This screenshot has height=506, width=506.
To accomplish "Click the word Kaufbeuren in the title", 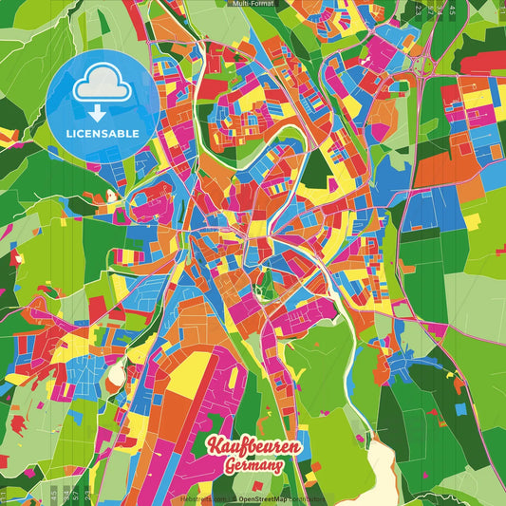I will (253, 445).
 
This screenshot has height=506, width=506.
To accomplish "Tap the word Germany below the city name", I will (254, 465).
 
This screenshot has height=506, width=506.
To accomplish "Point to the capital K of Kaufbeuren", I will (214, 445).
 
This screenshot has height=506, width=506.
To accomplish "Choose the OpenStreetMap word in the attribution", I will (265, 498).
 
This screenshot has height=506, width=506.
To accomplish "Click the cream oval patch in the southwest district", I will (116, 374).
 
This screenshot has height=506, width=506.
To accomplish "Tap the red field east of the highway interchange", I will (483, 61).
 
